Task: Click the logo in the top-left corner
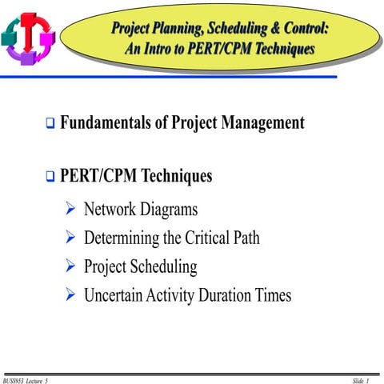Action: (29, 36)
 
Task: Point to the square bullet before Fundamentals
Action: (50, 125)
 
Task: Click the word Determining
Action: (122, 238)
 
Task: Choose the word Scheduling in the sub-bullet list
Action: (163, 267)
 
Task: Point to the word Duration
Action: (230, 295)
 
